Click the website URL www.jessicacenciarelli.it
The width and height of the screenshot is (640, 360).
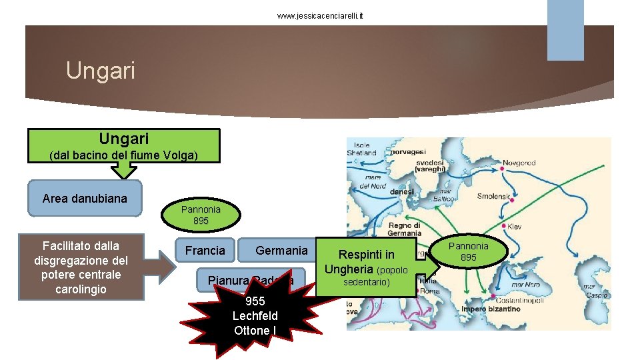(321, 15)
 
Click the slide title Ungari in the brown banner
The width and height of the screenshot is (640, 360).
(101, 70)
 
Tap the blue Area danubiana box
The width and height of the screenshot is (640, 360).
(84, 199)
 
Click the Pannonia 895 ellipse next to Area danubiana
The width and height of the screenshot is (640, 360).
(201, 215)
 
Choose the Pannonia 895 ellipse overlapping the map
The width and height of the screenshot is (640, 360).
(469, 251)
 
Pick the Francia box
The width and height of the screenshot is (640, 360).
(205, 251)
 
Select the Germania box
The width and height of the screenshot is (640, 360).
(281, 251)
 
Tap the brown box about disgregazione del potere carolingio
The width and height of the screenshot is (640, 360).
(81, 267)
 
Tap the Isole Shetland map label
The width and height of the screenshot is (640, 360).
(362, 149)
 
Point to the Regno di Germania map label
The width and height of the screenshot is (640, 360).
(405, 229)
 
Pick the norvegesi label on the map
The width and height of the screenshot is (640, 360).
(408, 152)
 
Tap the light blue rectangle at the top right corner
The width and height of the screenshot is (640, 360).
(565, 30)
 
